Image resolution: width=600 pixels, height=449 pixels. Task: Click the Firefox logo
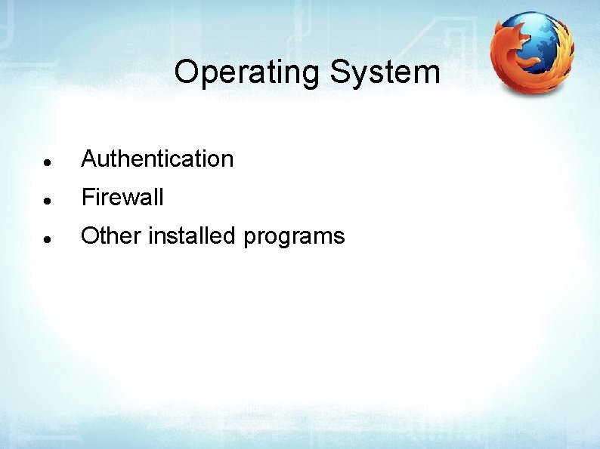click(x=531, y=54)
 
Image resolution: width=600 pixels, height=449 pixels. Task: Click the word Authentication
click(x=157, y=159)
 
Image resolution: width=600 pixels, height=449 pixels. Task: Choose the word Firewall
click(x=122, y=198)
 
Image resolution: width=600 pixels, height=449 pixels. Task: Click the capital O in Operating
click(x=186, y=73)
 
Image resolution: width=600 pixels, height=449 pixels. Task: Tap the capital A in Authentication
click(x=89, y=159)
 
